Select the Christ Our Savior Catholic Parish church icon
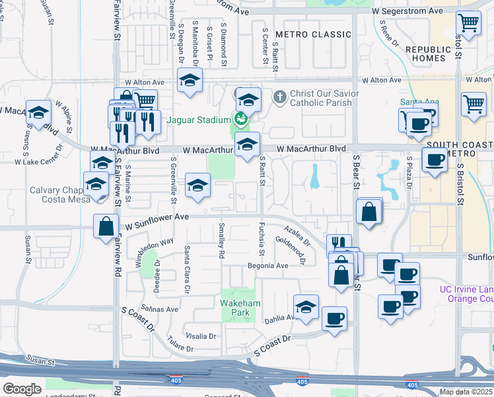pyautogui.click(x=279, y=98)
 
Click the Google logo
pyautogui.click(x=22, y=389)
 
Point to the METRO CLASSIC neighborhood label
pyautogui.click(x=313, y=34)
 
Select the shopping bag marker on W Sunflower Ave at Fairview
pyautogui.click(x=106, y=227)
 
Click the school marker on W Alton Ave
pyautogui.click(x=190, y=81)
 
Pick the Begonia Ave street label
pyautogui.click(x=268, y=266)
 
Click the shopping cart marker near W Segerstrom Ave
pyautogui.click(x=468, y=22)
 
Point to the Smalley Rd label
pyautogui.click(x=221, y=241)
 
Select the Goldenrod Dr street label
pyautogui.click(x=291, y=251)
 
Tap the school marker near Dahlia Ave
pyautogui.click(x=306, y=307)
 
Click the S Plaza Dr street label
pyautogui.click(x=409, y=172)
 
